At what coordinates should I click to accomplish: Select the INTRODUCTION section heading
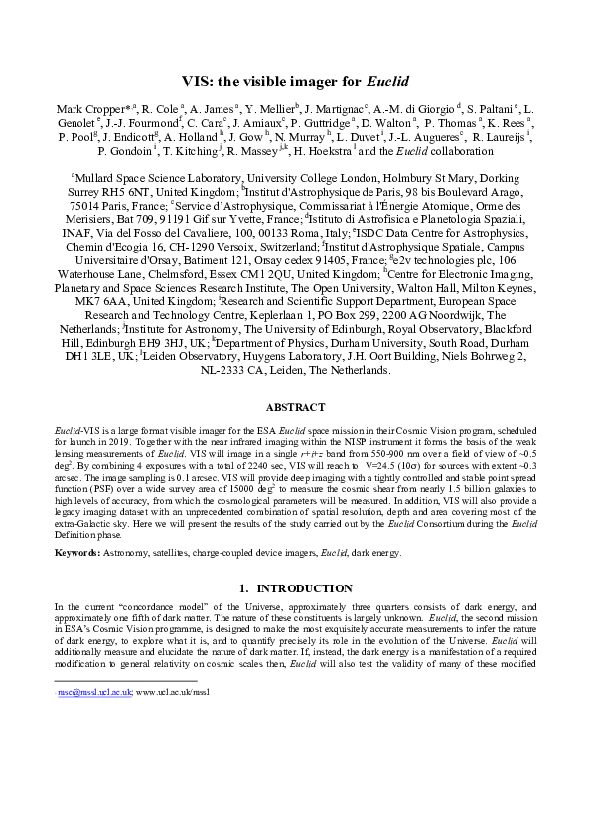click(304, 589)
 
